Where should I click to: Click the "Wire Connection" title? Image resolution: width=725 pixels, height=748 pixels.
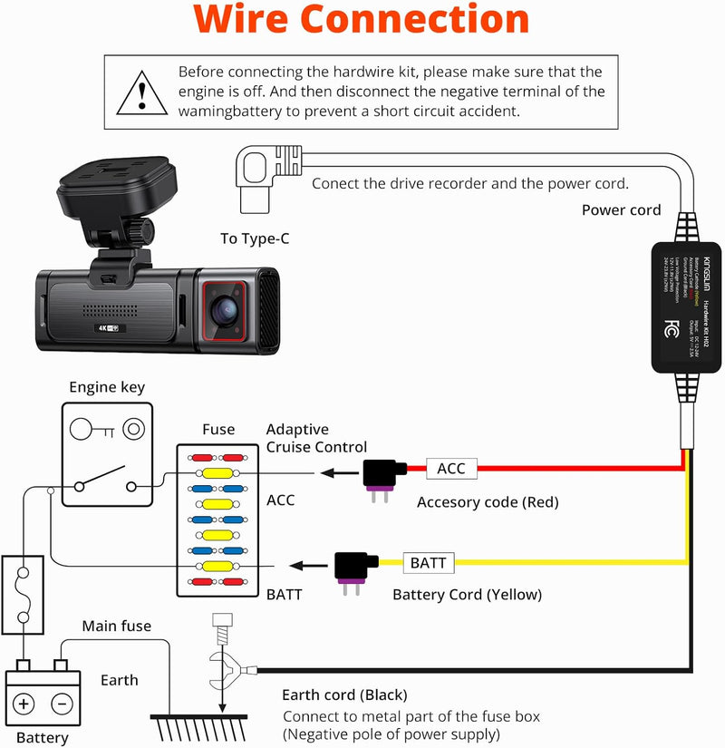tap(362, 20)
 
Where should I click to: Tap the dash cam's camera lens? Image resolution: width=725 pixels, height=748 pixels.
tap(225, 308)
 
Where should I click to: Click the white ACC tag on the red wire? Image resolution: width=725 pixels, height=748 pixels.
tap(450, 468)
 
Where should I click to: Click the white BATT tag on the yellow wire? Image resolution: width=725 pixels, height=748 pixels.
tap(428, 562)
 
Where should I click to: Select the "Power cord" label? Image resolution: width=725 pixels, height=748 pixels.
tap(621, 209)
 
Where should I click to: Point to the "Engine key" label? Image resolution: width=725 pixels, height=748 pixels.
tap(107, 387)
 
